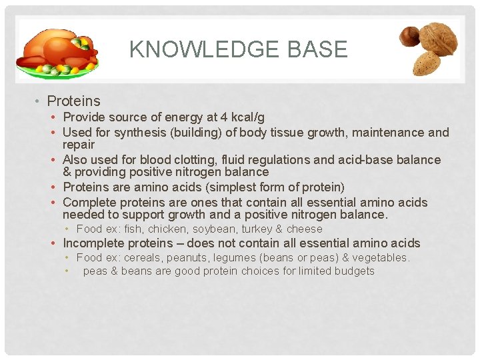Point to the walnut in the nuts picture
click(x=439, y=39)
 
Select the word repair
click(x=79, y=145)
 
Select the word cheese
click(x=304, y=229)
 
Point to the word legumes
click(x=233, y=257)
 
